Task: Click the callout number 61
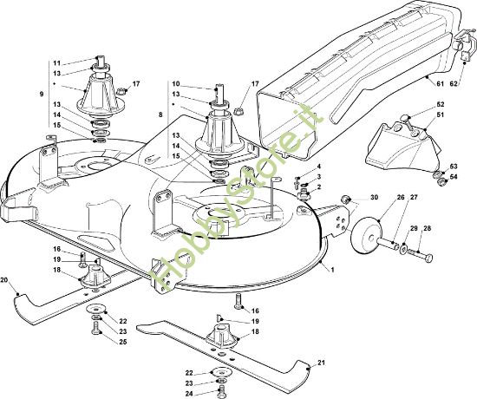[x=441, y=83]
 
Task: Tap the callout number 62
[x=454, y=83]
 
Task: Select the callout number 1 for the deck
[x=332, y=270]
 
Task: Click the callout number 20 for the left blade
[x=4, y=280]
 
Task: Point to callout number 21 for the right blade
[x=321, y=363]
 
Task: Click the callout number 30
[x=374, y=197]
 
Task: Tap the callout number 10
[x=176, y=83]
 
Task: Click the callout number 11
[x=57, y=63]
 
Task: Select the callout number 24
[x=189, y=394]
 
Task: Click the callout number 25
[x=122, y=342]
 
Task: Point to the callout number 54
[x=454, y=177]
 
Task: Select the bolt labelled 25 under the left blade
[x=95, y=329]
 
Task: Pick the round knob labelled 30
[x=344, y=199]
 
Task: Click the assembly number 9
[x=42, y=94]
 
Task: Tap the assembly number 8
[x=160, y=114]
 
